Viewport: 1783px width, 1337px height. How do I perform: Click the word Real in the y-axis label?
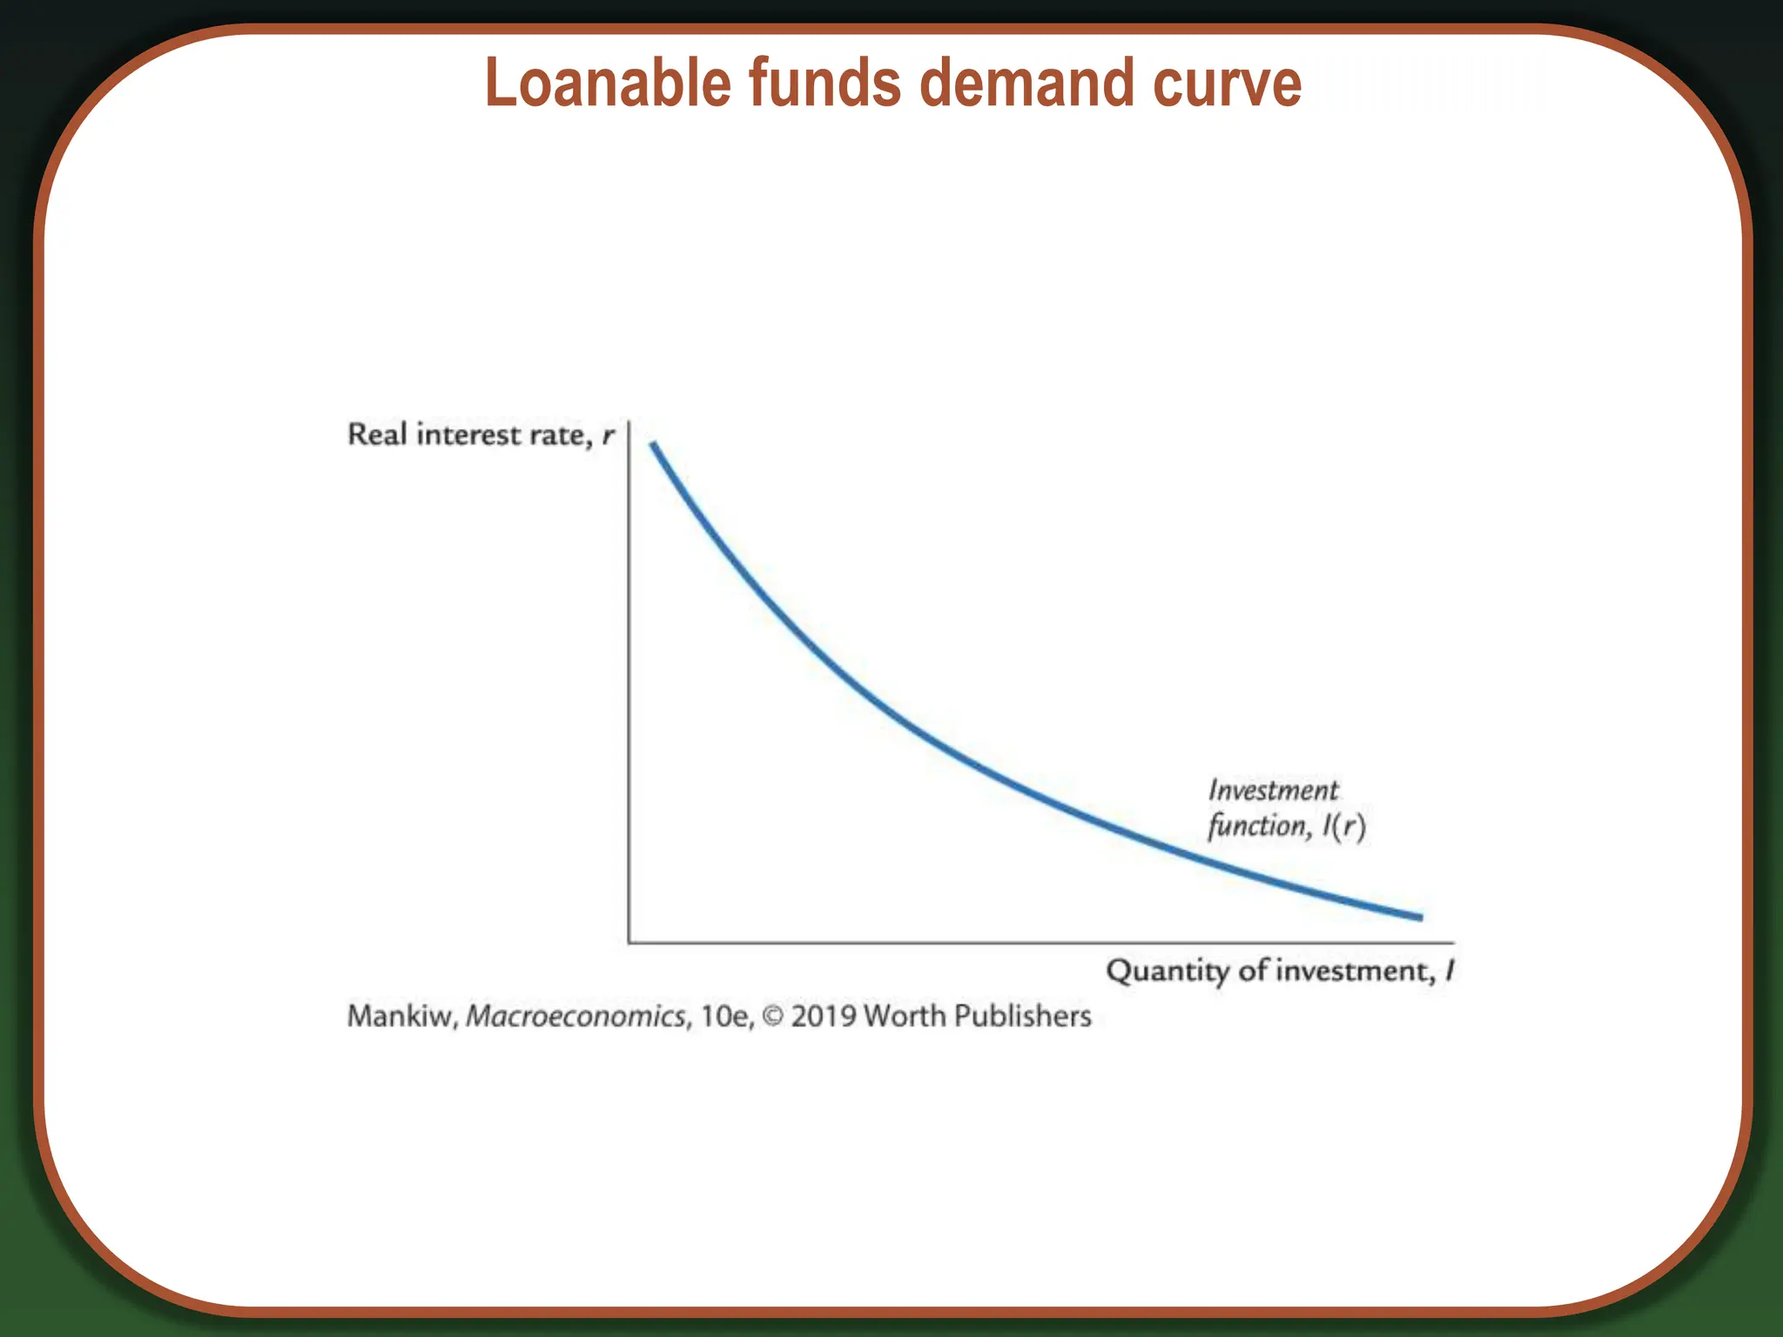(377, 433)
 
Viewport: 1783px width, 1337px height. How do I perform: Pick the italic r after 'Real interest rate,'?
(609, 435)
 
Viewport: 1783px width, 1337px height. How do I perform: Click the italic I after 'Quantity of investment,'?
(1450, 970)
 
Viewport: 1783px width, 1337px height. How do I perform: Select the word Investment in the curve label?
(1273, 789)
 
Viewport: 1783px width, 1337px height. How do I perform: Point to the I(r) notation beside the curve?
(1343, 825)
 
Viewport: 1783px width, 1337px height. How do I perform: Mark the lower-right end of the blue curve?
(1421, 917)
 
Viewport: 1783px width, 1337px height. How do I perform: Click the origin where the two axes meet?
(629, 942)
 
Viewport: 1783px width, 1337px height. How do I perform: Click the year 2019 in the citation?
(824, 1016)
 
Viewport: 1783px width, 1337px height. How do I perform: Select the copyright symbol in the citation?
(772, 1016)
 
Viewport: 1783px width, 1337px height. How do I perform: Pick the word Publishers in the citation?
(1024, 1016)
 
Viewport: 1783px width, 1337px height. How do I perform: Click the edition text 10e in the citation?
(725, 1016)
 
